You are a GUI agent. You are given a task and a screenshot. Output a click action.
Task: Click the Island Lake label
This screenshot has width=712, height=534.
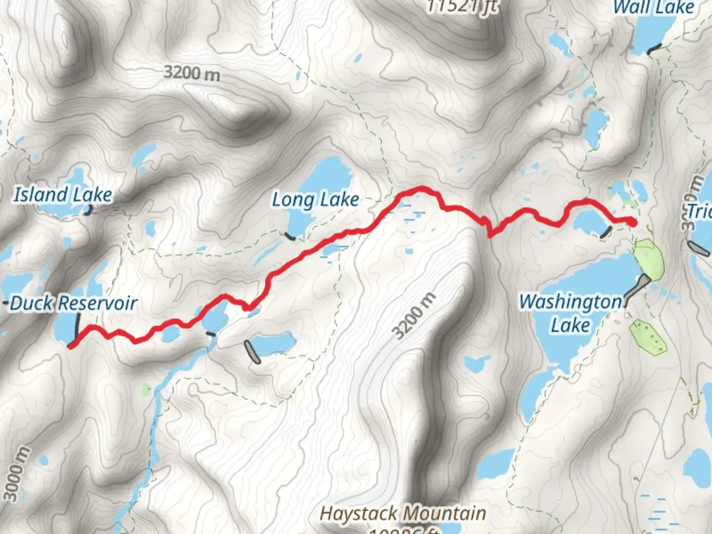click(x=63, y=195)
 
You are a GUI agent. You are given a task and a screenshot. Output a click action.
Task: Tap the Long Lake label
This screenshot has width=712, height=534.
click(x=315, y=200)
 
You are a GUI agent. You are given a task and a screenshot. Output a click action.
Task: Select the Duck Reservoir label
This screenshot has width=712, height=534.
click(x=73, y=303)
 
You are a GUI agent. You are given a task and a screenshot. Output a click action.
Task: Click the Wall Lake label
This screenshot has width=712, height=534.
click(x=654, y=7)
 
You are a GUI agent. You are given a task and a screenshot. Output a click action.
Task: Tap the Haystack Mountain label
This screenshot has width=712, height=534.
click(x=402, y=514)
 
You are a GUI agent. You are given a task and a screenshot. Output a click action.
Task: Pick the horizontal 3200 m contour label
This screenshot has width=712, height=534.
click(x=192, y=73)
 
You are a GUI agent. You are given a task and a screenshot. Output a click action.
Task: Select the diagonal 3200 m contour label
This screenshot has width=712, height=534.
click(x=415, y=316)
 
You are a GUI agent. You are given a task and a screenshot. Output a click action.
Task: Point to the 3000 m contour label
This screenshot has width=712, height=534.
click(x=15, y=474)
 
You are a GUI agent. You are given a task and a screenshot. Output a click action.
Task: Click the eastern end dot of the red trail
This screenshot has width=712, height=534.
click(x=633, y=222)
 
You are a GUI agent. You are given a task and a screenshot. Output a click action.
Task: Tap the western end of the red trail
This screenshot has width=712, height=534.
click(x=71, y=346)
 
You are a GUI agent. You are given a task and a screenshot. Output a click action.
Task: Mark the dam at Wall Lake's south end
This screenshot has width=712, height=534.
click(x=654, y=49)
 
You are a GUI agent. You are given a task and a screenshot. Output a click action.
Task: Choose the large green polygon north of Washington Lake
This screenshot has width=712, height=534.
click(x=649, y=258)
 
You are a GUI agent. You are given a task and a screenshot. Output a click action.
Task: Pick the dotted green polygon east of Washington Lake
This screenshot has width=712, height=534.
click(x=648, y=337)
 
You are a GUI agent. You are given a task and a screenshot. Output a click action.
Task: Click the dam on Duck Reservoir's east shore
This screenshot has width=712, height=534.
click(x=77, y=324)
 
